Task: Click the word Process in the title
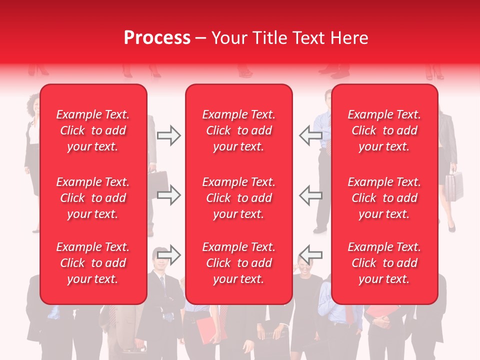157,37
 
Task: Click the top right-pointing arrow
168,135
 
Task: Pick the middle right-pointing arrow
168,195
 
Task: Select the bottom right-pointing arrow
168,255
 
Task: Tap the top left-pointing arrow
310,135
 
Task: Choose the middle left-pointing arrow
310,195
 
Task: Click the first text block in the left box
93,130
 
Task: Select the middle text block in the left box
93,198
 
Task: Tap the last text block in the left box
93,263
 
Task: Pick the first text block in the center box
238,130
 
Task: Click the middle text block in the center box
238,198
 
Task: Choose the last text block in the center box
238,263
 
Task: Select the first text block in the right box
384,130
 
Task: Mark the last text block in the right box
384,263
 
